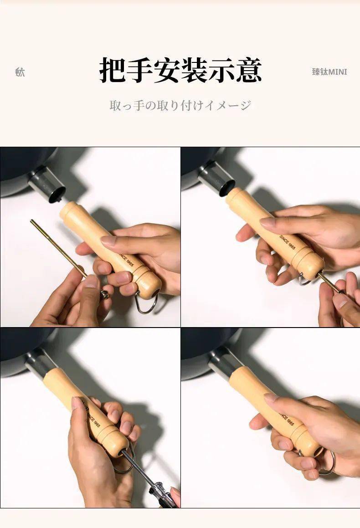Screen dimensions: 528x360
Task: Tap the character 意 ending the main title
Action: click(248, 70)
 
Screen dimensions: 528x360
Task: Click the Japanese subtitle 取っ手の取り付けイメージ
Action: click(180, 106)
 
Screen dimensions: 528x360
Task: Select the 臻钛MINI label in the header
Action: click(329, 72)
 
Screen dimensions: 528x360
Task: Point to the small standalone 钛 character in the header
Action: click(20, 72)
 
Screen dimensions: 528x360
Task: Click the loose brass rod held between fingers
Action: click(57, 246)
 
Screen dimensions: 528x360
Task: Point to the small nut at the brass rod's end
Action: click(105, 294)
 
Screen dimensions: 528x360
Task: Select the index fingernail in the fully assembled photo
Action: click(270, 398)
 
